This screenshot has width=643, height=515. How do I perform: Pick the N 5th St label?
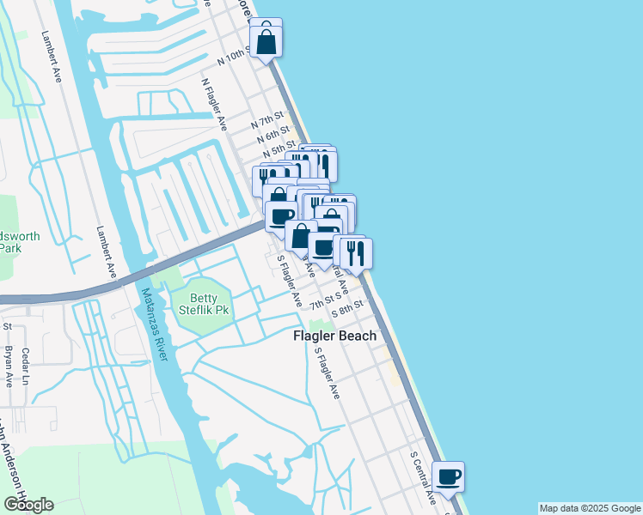point(279,148)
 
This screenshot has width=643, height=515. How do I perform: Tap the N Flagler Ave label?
point(214,105)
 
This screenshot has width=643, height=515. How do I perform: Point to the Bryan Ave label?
point(9,366)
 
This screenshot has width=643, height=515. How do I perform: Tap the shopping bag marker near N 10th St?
point(266,39)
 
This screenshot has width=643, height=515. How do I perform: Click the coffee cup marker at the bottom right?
point(448,476)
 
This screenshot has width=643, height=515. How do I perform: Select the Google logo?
point(28,505)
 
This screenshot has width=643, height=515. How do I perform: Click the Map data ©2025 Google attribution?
point(590,508)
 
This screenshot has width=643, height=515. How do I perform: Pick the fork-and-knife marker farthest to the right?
point(356,252)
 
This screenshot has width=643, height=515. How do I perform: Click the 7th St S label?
point(328,303)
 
